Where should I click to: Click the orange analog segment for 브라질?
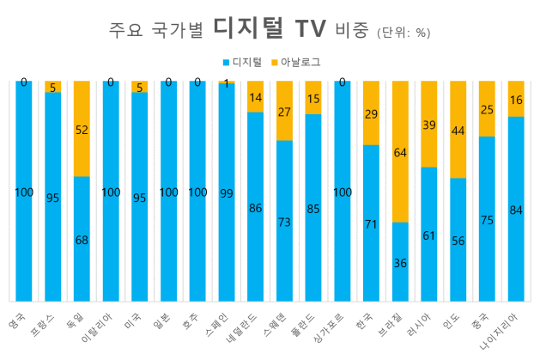[x=399, y=151]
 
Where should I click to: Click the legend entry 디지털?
[x=247, y=62]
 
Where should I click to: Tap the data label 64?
[x=399, y=153]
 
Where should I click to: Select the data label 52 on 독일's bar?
[x=82, y=129]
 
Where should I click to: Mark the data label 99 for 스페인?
[x=226, y=193]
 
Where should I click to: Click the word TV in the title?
[x=306, y=31]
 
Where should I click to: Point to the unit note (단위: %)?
[x=403, y=34]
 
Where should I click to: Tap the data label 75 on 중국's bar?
[x=486, y=219]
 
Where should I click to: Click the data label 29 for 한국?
[x=371, y=114]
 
